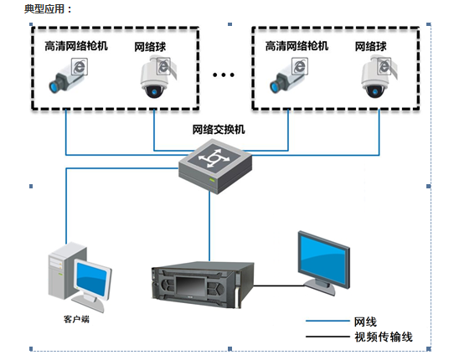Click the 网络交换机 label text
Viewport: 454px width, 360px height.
[219, 130]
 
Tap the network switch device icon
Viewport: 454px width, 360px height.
[215, 167]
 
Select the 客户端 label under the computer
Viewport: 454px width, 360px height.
[76, 319]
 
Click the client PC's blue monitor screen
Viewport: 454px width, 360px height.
[92, 279]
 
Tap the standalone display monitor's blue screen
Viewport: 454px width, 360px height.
[323, 259]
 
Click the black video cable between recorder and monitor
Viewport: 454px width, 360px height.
[280, 286]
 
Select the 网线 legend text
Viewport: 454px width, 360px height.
[365, 321]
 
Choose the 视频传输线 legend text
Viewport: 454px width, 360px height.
[384, 337]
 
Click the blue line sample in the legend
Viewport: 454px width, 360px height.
[328, 321]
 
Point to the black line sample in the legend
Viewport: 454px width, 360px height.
[328, 337]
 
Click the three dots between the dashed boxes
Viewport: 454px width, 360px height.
[224, 75]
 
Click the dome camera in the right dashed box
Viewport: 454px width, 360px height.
[379, 77]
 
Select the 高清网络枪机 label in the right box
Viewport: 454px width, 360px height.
[297, 46]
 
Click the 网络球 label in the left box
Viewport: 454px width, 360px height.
[150, 47]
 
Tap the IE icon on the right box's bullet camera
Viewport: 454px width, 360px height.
[300, 66]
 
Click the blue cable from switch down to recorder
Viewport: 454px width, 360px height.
[209, 226]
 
